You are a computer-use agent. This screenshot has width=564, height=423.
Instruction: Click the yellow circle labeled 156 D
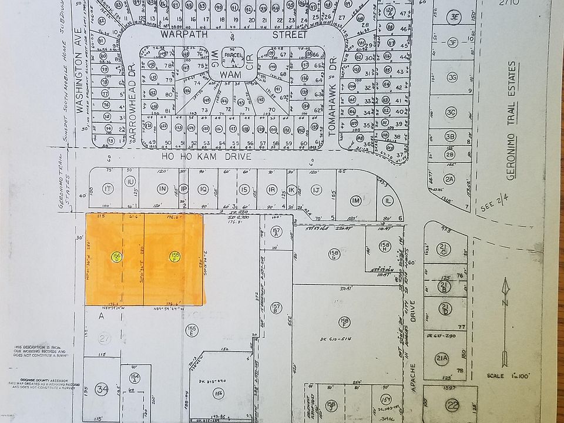point(116,256)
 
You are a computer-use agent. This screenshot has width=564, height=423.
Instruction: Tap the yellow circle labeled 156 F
point(174,256)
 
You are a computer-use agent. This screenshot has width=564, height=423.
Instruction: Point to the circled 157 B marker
point(276,308)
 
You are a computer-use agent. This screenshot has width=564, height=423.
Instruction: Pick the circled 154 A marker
point(135,380)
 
